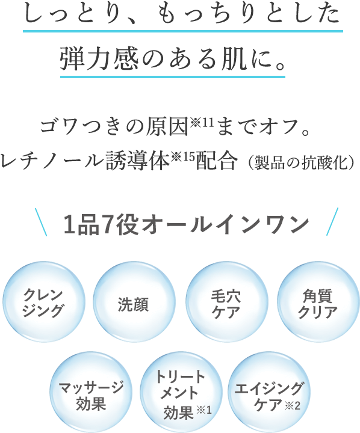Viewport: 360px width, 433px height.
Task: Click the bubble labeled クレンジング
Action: point(44,302)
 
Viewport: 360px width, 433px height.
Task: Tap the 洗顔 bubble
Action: point(134,302)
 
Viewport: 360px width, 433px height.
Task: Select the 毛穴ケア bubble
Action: point(227,302)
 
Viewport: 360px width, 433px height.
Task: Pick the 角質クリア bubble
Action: point(318,302)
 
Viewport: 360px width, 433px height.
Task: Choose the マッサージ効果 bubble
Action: point(91,392)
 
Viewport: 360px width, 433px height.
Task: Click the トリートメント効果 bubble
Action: point(181,392)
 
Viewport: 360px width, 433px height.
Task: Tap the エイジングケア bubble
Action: point(268,392)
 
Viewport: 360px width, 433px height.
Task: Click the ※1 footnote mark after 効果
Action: point(204,410)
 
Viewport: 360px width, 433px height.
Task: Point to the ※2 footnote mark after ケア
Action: point(293,406)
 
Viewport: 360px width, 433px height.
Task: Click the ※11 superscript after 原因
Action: point(202,122)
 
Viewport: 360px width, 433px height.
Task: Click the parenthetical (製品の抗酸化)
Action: point(302,162)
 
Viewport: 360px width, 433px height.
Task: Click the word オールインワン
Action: point(226,225)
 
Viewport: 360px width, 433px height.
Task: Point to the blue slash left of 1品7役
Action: point(41,222)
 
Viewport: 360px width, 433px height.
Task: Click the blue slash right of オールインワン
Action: point(332,222)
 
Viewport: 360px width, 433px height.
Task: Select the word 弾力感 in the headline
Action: point(99,59)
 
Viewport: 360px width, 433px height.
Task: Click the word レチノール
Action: point(52,161)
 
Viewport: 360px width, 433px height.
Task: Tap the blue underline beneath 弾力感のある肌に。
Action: point(173,76)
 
